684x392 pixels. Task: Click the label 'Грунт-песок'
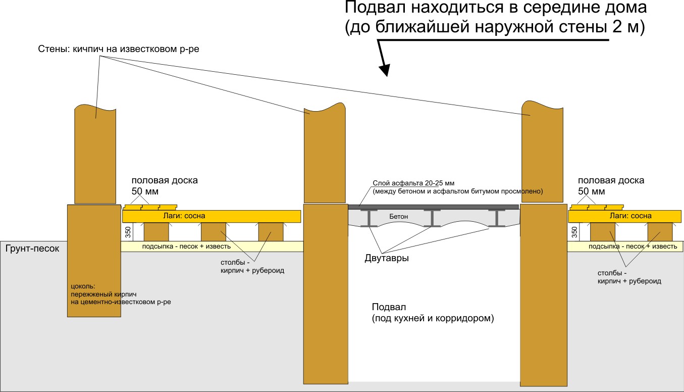(32, 249)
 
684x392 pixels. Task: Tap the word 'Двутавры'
(387, 258)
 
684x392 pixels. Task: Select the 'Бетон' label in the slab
(398, 216)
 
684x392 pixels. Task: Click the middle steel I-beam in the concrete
(432, 218)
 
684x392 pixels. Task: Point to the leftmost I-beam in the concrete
(369, 218)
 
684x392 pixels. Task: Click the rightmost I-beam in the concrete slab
(497, 218)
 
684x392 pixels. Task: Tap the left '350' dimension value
(128, 232)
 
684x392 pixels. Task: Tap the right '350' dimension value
(574, 232)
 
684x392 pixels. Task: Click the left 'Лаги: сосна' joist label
(184, 216)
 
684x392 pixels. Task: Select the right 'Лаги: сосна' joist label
(630, 216)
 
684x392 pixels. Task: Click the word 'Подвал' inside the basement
(389, 307)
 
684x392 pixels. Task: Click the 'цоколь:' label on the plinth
(83, 286)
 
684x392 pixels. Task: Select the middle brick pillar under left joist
(214, 232)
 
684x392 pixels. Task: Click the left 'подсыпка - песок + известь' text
(186, 246)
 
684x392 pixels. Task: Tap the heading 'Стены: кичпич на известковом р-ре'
(119, 49)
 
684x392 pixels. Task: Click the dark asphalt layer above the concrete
(433, 207)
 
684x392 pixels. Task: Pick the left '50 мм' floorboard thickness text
(145, 191)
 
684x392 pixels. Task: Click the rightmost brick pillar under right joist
(660, 232)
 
